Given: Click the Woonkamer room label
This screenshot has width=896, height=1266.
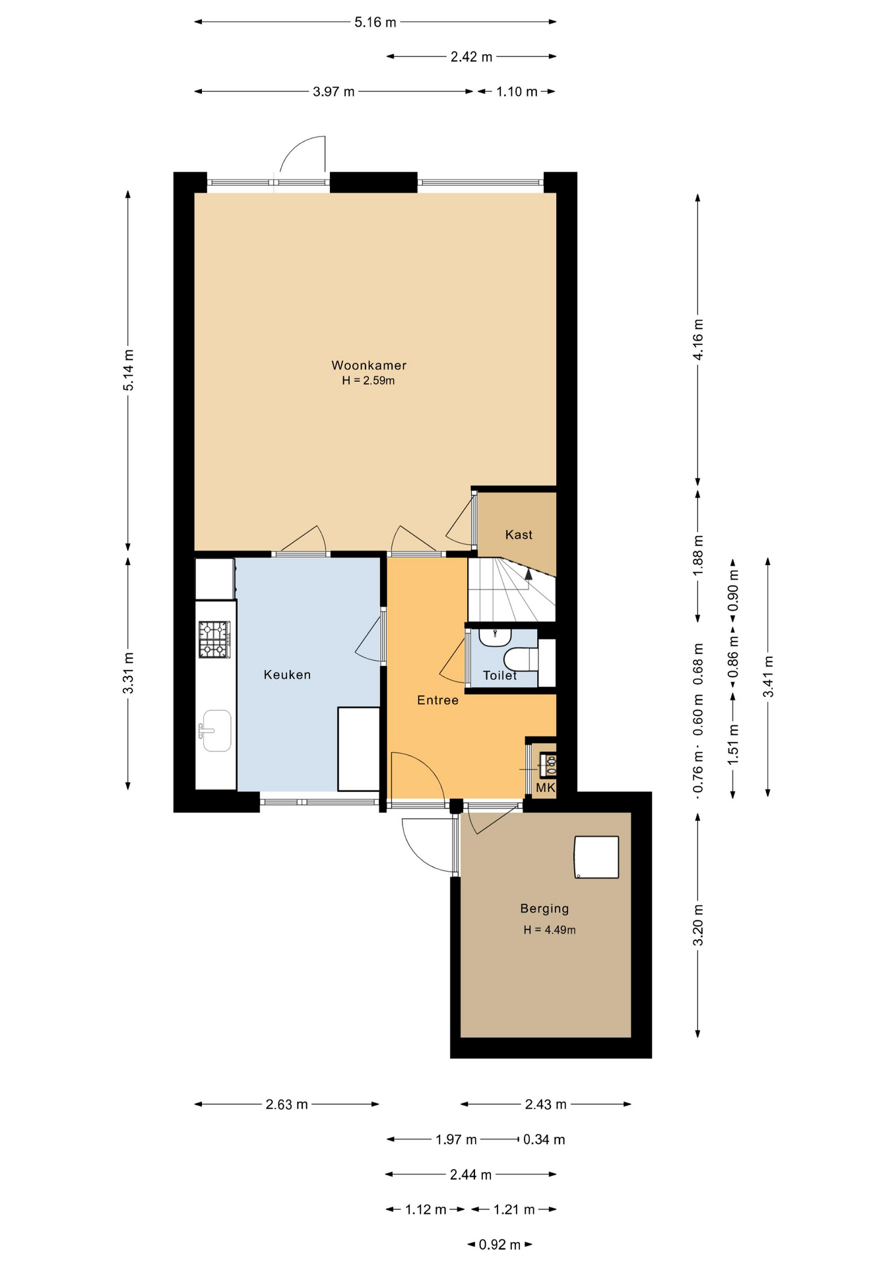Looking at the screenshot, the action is click(369, 365).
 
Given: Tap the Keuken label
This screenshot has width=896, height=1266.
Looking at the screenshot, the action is click(287, 675).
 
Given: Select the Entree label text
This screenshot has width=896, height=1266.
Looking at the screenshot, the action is click(437, 700).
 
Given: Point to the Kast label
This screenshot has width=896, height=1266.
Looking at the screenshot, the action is click(519, 535).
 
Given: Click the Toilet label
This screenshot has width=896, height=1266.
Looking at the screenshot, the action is click(500, 675).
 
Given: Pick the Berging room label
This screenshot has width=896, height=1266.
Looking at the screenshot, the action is click(544, 909).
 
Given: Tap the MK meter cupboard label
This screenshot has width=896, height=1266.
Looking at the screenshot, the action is click(546, 788).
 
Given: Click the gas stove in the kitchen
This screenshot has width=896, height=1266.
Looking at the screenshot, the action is click(214, 640).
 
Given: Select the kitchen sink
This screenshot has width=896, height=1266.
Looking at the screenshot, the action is click(216, 731).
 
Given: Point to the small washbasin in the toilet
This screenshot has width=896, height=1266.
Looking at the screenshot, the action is click(495, 637).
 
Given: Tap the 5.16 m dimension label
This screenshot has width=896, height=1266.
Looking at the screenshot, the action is click(375, 22).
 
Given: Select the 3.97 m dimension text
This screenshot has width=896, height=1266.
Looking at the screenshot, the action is click(334, 92).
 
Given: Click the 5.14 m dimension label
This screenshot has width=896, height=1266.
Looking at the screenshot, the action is click(129, 371).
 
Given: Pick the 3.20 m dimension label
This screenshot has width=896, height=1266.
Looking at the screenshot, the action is click(698, 925).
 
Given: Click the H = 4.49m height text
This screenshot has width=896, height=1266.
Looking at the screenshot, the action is click(550, 930).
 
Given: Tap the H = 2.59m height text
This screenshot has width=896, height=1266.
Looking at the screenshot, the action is click(368, 381).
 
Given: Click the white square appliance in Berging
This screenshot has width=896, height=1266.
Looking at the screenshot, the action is click(596, 857).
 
